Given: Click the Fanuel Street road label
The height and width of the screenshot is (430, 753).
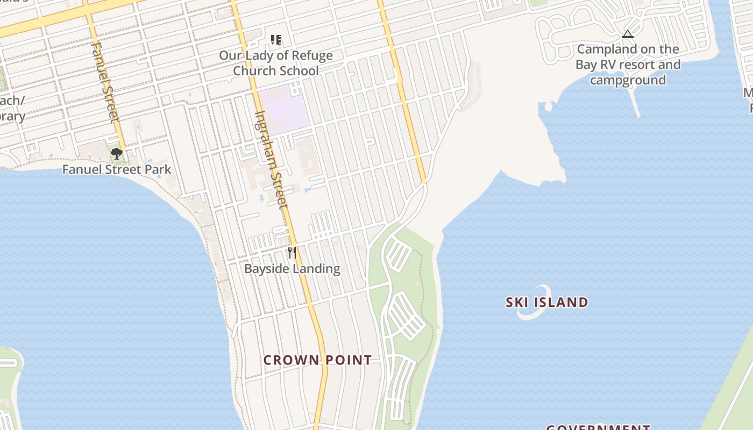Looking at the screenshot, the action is pyautogui.click(x=104, y=83).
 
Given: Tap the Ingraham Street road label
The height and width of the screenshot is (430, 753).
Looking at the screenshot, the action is pyautogui.click(x=271, y=159).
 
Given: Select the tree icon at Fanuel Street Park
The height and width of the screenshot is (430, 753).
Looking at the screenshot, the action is pyautogui.click(x=116, y=154).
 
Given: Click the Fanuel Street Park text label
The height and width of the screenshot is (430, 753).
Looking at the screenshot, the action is pyautogui.click(x=117, y=170).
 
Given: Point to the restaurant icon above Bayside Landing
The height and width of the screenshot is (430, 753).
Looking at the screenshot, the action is pyautogui.click(x=292, y=253).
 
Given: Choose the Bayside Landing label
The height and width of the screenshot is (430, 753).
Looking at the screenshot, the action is pyautogui.click(x=292, y=269).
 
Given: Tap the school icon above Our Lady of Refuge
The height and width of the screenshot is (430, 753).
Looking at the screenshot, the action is pyautogui.click(x=276, y=40).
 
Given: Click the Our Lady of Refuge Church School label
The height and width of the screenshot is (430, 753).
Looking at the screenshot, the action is pyautogui.click(x=276, y=63).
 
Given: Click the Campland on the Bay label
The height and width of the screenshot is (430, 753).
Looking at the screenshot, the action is pyautogui.click(x=628, y=64).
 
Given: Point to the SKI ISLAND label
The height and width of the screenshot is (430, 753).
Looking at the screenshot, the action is pyautogui.click(x=546, y=303).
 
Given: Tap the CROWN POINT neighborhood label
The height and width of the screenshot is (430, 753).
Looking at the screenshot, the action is pyautogui.click(x=317, y=360).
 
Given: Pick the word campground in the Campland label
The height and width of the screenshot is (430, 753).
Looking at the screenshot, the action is pyautogui.click(x=628, y=81).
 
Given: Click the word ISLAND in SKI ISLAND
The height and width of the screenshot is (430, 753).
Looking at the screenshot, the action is pyautogui.click(x=562, y=303).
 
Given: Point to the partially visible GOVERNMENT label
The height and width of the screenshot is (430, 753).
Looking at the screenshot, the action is pyautogui.click(x=598, y=427).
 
